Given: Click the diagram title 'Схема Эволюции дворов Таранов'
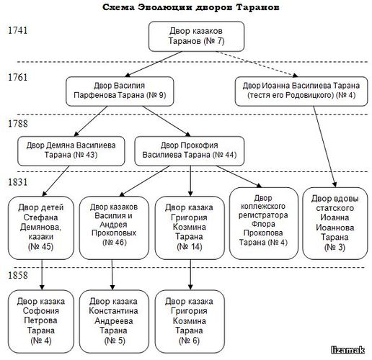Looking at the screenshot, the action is coord(190,7).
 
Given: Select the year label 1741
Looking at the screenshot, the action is coord(18,30).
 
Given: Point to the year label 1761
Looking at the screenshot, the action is coord(18,77).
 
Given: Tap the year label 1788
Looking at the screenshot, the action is coord(18,124).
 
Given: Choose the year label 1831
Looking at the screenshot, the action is coord(18,182).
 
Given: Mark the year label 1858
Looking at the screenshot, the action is coord(18,275).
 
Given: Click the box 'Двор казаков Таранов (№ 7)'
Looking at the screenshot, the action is coord(196,37).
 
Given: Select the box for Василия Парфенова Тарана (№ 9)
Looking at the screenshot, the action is coord(120,91).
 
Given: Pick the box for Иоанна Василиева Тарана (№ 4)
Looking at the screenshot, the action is coord(301,91).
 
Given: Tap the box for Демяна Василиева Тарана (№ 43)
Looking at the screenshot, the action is coord(71,151).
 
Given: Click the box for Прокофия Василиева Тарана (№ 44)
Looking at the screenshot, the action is coord(190,151).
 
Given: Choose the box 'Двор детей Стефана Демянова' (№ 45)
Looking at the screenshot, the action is coord(41,228).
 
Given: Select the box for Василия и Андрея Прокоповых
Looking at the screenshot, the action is coord(114,228).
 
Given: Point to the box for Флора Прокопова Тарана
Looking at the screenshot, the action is coord(264,223).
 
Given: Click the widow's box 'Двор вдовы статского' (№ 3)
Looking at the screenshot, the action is coord(335,223).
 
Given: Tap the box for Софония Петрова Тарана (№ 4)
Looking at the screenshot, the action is coord(41,322).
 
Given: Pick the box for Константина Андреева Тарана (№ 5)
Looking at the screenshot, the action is coord(114,322).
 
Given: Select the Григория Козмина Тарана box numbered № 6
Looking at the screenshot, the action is coord(190,322).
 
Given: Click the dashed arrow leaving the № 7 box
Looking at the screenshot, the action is coord(257,64).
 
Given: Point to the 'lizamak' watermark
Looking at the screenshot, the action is coord(347,350).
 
